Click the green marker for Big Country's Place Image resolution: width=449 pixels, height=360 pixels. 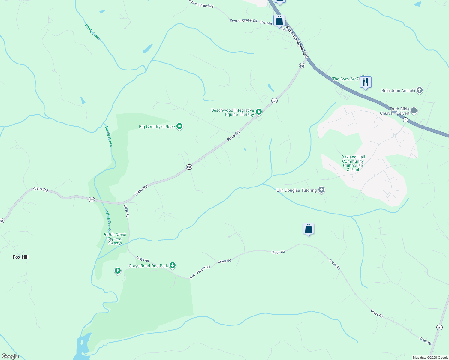[x=179, y=126]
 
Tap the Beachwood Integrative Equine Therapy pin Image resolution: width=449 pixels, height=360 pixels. [x=258, y=112]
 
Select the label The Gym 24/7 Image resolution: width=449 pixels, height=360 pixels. [x=345, y=79]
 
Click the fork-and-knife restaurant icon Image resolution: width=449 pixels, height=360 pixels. [x=366, y=82]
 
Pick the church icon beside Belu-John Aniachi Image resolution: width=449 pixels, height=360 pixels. [x=419, y=90]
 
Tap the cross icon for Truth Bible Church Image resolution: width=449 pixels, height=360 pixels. [x=414, y=110]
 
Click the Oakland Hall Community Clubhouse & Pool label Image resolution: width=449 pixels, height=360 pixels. [x=353, y=163]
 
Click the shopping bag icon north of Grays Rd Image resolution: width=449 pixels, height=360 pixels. [x=308, y=229]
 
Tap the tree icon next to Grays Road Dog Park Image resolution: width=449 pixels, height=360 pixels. [x=172, y=265]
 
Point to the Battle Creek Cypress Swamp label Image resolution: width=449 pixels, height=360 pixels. [x=115, y=239]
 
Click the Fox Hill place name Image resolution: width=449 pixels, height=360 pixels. [x=20, y=257]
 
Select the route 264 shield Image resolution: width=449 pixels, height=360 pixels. [x=439, y=327]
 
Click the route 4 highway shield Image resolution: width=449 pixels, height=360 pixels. [x=405, y=120]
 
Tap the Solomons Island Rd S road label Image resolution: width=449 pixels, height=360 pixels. [x=297, y=41]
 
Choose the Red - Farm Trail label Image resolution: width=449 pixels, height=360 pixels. [x=200, y=272]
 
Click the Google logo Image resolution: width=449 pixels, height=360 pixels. [x=10, y=356]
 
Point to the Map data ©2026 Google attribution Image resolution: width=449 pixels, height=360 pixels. [x=430, y=358]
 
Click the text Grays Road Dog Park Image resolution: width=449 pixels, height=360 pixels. [x=148, y=266]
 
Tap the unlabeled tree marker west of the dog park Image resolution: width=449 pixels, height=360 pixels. [x=118, y=271]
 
